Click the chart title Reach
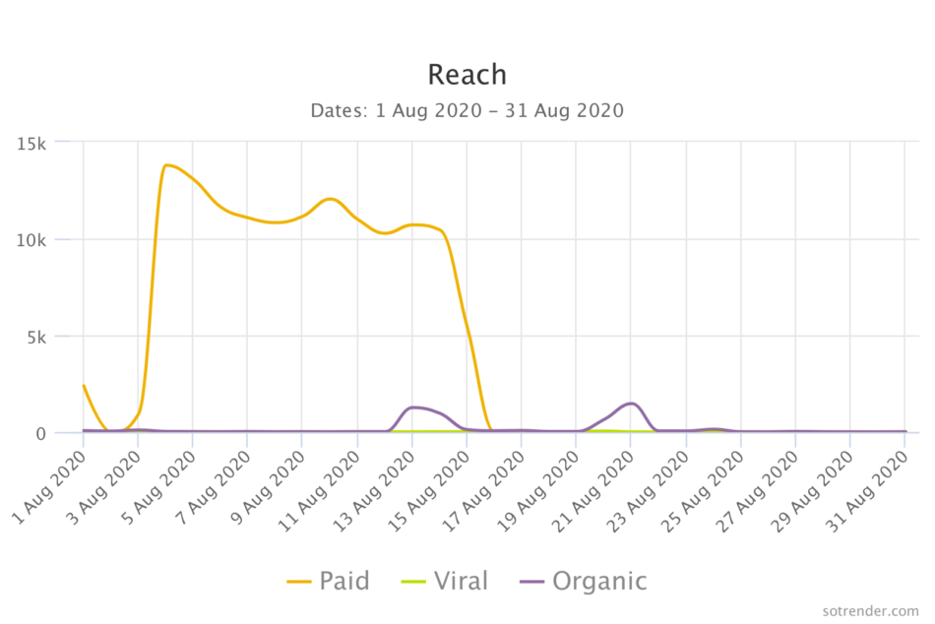(467, 75)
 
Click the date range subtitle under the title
(467, 110)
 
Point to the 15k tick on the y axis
(32, 143)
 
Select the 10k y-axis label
(32, 239)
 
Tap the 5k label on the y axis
(37, 337)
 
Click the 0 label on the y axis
(42, 433)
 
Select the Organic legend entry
(583, 581)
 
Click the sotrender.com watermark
(870, 611)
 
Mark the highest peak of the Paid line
(167, 164)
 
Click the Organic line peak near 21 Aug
(632, 404)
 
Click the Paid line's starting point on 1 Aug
(84, 385)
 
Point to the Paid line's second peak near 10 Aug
(331, 199)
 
